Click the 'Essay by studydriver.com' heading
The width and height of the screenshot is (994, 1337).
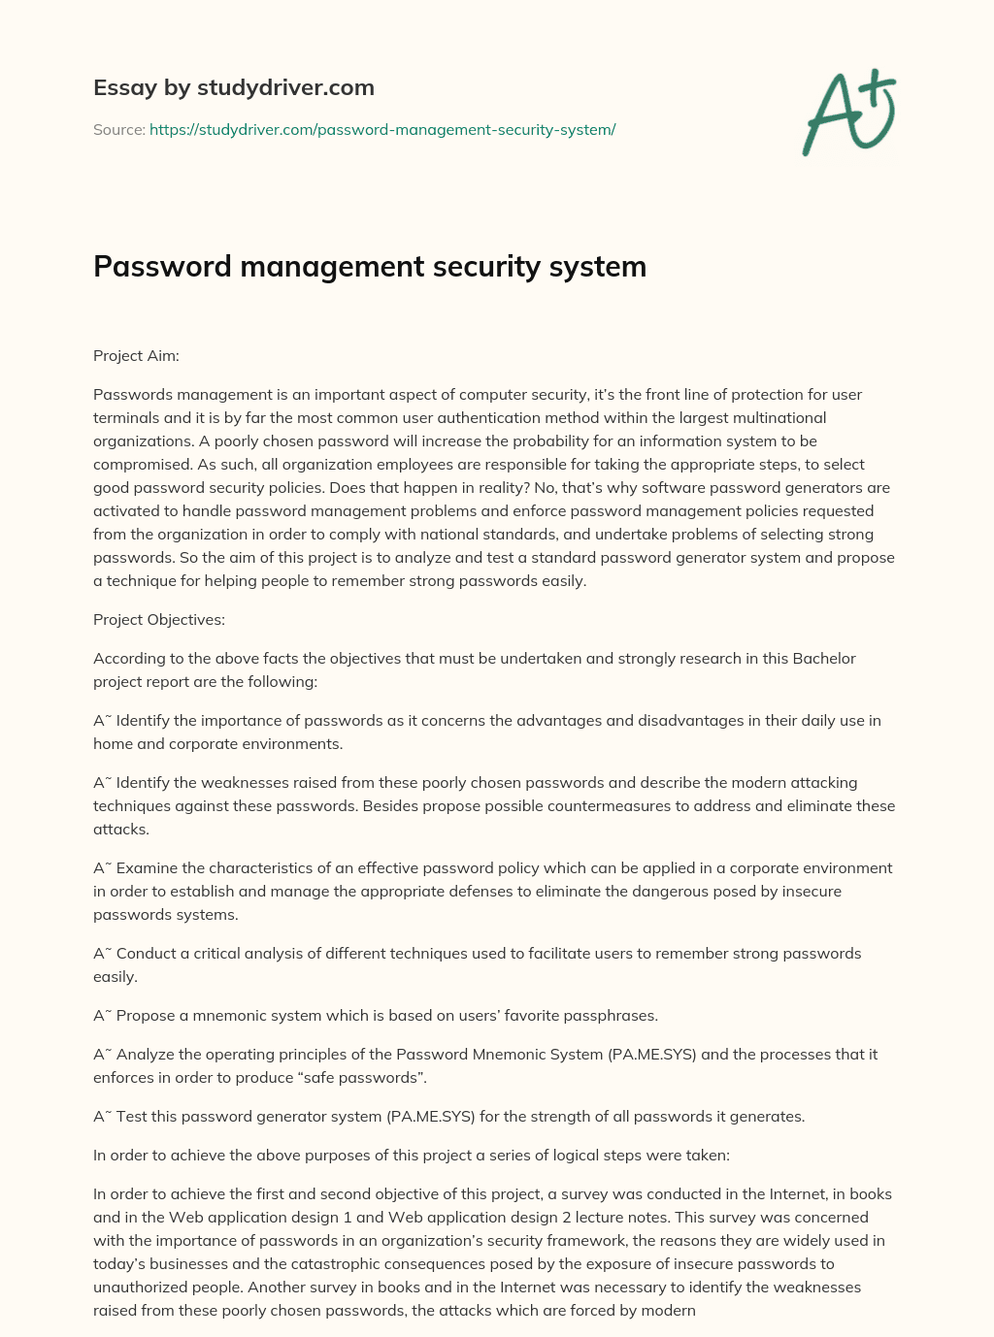233,87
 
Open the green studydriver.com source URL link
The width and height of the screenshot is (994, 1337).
382,129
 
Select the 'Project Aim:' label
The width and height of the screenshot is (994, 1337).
136,355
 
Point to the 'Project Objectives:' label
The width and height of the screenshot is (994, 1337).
159,619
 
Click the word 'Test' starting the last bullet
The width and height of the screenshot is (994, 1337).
131,1116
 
